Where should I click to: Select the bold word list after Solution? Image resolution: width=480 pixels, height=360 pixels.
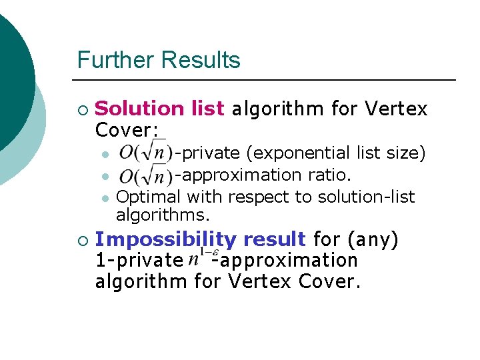click(x=207, y=108)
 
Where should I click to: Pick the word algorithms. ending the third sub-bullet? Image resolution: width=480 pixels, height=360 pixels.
click(x=163, y=215)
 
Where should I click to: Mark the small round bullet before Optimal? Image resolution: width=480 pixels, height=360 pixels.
click(x=105, y=198)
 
